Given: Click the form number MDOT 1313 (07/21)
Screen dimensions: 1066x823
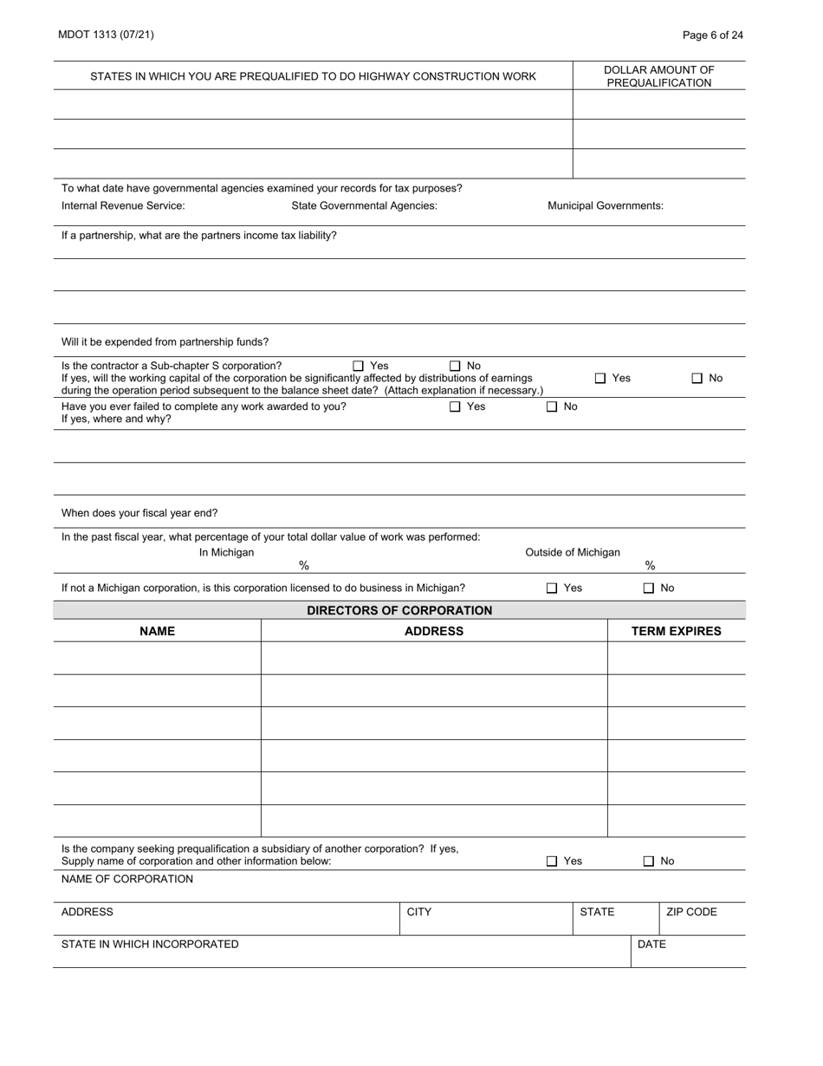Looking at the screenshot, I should point(106,35).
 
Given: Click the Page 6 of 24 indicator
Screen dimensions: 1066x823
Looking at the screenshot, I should point(712,35).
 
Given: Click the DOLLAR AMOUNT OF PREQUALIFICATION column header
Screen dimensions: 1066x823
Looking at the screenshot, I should point(658,76).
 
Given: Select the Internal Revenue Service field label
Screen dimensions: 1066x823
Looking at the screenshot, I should point(123,205).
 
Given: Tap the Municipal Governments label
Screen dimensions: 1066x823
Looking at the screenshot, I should point(606,205).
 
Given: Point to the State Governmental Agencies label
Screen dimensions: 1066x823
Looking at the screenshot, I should point(364,205).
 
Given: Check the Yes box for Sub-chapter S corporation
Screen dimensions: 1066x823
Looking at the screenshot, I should point(359,366).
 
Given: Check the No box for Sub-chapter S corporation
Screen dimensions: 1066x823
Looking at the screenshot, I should point(455,366).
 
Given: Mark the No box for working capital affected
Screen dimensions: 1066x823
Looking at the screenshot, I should point(697,378).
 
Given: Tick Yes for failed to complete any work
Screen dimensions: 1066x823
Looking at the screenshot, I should point(455,406).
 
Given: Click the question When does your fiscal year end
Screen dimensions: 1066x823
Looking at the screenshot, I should point(139,513).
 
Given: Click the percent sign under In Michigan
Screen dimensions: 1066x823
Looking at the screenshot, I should point(304,566).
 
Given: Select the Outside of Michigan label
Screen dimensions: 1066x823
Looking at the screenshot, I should point(573,552).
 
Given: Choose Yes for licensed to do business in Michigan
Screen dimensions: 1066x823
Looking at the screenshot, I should point(552,588).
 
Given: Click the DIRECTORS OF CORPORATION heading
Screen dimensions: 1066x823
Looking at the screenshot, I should point(399,610).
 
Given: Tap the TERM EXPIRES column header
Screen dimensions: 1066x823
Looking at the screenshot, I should point(676,631).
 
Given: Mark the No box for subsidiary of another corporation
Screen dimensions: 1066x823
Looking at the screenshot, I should point(649,861).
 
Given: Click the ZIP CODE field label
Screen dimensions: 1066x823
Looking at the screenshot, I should point(691,912).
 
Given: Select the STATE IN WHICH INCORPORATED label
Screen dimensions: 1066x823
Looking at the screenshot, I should point(150,944).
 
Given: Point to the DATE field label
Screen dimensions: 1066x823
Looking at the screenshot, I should point(651,944).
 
